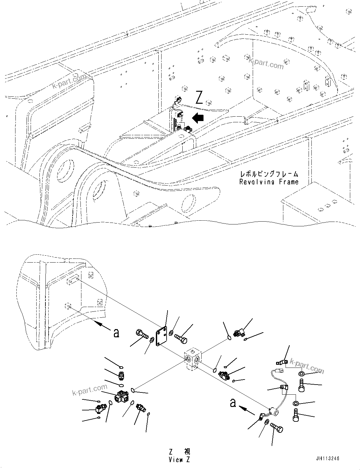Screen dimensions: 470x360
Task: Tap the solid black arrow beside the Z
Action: coord(198,118)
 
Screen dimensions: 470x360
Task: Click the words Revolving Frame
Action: coord(269,182)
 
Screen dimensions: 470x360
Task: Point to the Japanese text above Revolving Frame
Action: coord(269,174)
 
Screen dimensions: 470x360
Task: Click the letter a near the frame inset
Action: coord(116,333)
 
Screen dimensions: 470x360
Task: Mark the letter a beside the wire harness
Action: coord(233,403)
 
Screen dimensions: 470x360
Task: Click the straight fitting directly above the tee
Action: coord(121,376)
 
